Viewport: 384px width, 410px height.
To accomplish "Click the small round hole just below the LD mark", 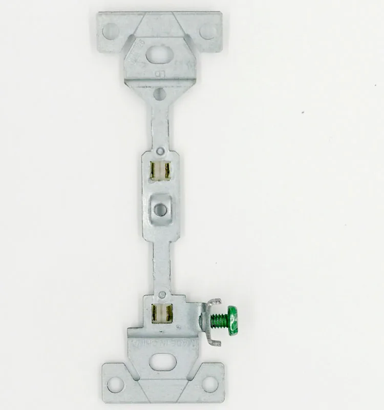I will click(159, 94).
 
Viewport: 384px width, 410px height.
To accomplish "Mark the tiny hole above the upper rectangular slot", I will click(160, 151).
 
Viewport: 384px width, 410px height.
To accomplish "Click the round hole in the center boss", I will click(161, 209).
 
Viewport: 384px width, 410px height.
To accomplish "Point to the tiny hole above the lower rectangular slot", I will click(162, 294).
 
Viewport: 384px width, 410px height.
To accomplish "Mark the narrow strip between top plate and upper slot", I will click(159, 123).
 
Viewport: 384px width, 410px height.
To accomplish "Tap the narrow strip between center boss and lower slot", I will click(161, 261).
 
